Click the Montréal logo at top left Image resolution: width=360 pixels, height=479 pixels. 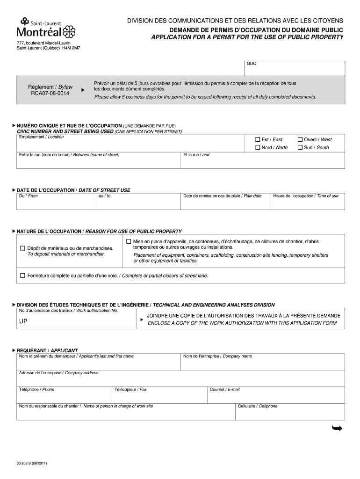tap(45, 29)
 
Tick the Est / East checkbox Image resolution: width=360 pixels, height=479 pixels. tap(257, 139)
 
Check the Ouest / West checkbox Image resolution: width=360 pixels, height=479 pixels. tap(300, 139)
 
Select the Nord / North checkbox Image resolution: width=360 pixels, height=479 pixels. tap(257, 147)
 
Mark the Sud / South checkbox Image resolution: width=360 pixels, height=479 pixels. tap(300, 147)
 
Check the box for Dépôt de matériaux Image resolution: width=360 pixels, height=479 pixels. tap(22, 248)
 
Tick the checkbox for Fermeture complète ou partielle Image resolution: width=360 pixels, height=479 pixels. tap(22, 276)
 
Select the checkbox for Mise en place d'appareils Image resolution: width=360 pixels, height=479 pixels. tap(129, 241)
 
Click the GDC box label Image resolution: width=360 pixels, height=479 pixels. tap(252, 64)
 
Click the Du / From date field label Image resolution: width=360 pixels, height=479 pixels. tap(28, 196)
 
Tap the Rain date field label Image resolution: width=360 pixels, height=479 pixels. tap(222, 196)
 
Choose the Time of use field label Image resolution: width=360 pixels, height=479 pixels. tap(306, 196)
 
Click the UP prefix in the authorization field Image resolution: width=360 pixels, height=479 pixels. tap(23, 322)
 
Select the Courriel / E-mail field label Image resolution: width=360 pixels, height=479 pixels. tap(224, 389)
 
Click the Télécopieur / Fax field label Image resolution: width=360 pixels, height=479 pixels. tap(130, 389)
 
